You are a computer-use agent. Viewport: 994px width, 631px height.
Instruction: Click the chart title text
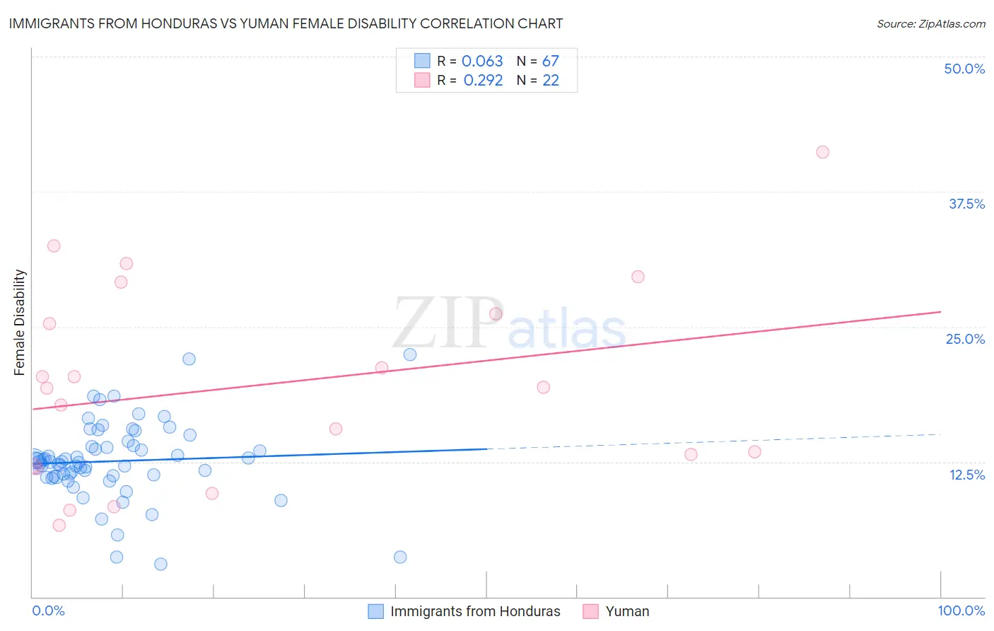[286, 23]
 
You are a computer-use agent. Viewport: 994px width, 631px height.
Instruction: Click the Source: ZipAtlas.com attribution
[930, 23]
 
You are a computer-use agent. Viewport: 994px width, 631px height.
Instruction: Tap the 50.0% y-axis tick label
[964, 69]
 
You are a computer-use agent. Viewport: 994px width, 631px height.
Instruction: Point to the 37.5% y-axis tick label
[966, 204]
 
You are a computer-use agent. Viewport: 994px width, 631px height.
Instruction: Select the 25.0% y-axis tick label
[965, 339]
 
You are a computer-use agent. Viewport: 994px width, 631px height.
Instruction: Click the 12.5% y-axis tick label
[966, 475]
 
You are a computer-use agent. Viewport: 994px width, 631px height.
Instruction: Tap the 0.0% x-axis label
[48, 610]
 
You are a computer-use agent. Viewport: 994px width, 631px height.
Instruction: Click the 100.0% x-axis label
[961, 610]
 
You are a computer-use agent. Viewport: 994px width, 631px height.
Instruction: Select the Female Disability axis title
[20, 322]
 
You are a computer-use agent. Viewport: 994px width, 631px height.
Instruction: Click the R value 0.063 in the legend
[482, 61]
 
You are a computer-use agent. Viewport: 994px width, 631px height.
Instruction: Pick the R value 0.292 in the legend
[483, 80]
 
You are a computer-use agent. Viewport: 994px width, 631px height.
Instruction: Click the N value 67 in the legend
[550, 61]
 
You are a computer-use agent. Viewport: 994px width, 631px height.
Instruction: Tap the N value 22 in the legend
[550, 80]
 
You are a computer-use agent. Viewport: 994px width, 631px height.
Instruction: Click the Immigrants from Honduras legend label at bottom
[475, 611]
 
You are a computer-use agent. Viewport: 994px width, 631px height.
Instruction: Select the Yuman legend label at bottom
[627, 611]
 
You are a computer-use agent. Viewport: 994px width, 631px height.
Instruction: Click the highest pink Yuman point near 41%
[822, 152]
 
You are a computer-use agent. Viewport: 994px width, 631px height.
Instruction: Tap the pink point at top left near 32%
[54, 246]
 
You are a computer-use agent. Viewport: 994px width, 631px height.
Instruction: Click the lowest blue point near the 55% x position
[400, 557]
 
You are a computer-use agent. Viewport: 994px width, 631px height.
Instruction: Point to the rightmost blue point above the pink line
[410, 354]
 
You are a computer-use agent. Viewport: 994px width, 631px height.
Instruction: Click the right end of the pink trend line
[940, 311]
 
